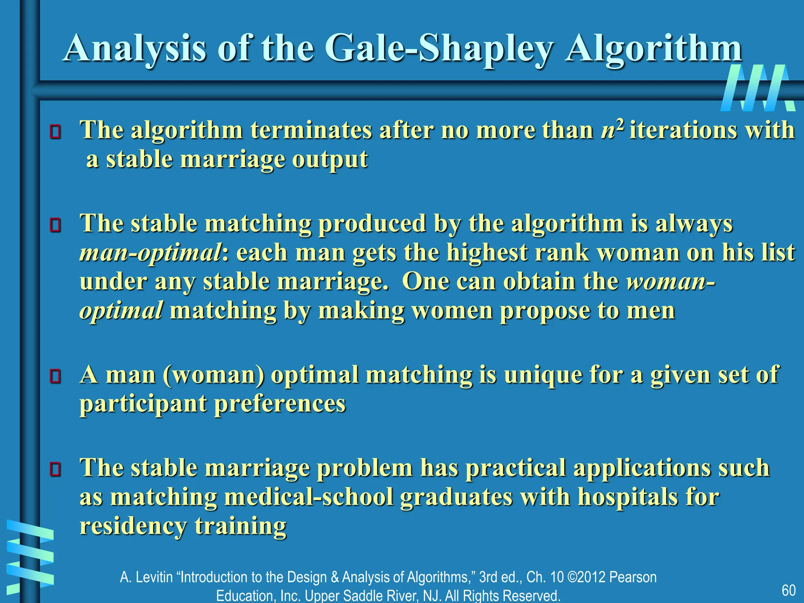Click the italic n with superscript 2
(x=612, y=130)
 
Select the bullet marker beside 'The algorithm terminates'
(x=55, y=132)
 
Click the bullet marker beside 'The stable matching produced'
(x=55, y=225)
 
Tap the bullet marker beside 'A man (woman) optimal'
(x=55, y=376)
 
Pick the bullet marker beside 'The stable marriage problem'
(x=55, y=470)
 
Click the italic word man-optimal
(x=150, y=253)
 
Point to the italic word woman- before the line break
(x=671, y=282)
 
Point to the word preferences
(x=280, y=404)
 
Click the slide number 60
(x=789, y=590)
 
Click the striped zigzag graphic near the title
(x=758, y=88)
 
